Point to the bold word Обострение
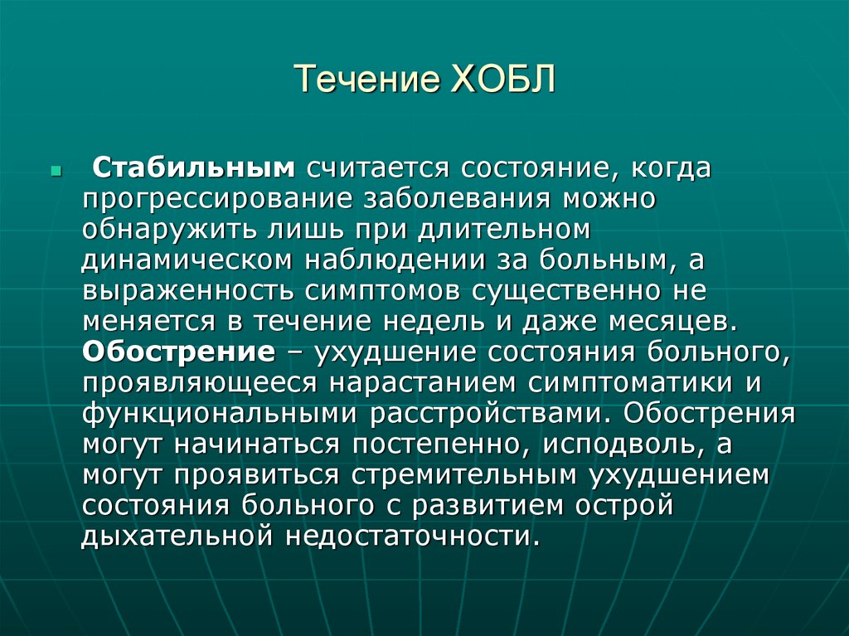coord(178,352)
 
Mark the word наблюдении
coord(402,260)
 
